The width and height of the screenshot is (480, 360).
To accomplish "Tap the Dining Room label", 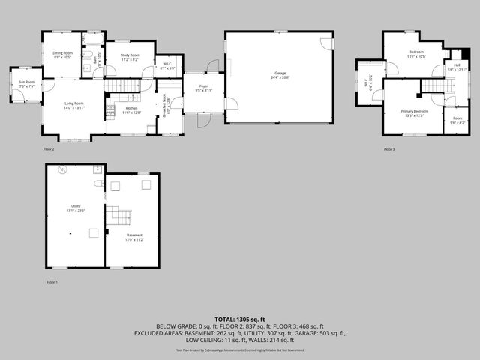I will pos(62,53).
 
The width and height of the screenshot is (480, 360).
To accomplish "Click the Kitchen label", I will pos(131,108).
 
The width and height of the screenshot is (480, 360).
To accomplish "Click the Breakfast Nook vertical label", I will pos(165,105).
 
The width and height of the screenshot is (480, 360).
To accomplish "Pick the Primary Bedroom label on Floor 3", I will pos(415,111).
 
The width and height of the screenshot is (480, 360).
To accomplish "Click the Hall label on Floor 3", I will pos(457,64).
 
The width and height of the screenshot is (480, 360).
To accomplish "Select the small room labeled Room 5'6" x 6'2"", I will pos(457,119).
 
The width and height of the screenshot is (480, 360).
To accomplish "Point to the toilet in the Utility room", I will pos(99,182).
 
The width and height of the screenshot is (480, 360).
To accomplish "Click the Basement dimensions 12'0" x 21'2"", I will pos(133,240).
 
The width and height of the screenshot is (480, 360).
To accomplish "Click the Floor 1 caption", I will pos(52,282).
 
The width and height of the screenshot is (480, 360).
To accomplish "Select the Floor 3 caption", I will pos(388,150).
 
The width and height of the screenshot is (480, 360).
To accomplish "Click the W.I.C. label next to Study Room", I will pos(168,64).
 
